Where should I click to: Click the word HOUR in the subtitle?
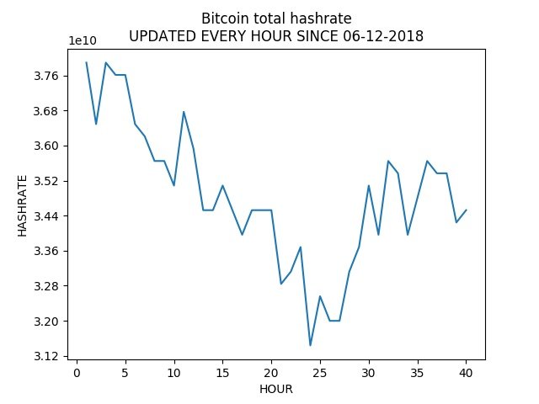[x=255, y=36]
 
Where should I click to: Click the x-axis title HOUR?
[x=276, y=390]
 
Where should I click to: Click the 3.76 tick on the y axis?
[x=46, y=76]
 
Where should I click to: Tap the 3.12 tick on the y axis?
[x=46, y=356]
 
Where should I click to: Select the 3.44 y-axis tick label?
[x=46, y=216]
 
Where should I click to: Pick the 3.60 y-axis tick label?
[x=46, y=146]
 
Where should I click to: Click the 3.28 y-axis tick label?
[x=46, y=286]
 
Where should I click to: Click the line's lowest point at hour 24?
[x=310, y=345]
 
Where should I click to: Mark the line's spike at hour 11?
[x=184, y=112]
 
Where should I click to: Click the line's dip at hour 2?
[x=96, y=124]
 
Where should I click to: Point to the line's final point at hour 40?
[x=466, y=210]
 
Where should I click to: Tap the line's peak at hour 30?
[x=369, y=186]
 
